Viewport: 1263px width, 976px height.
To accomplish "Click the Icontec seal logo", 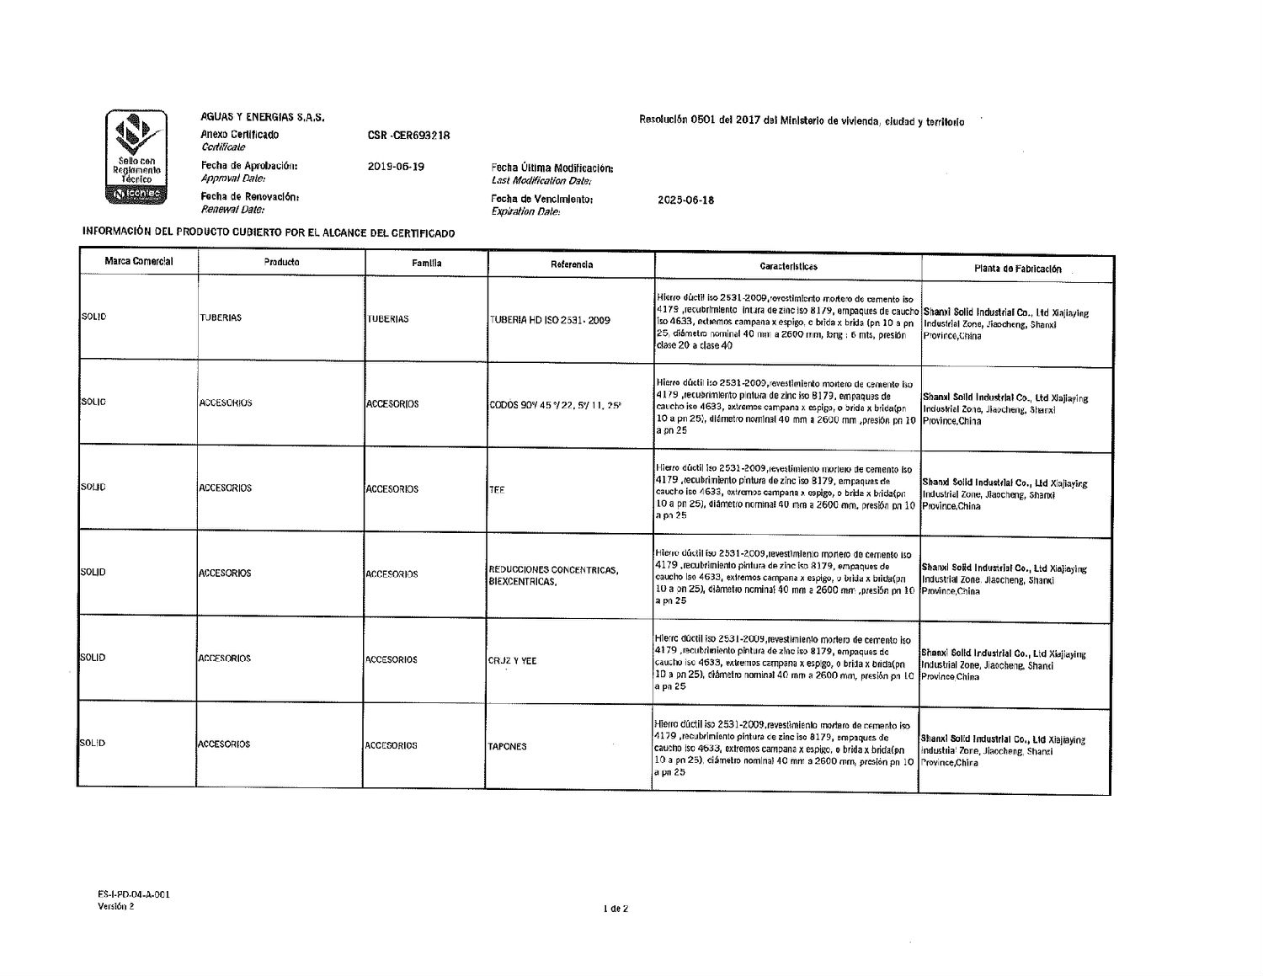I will tap(136, 157).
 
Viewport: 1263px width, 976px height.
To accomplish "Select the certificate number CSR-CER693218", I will tap(409, 135).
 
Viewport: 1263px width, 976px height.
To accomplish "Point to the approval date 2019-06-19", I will tap(396, 167).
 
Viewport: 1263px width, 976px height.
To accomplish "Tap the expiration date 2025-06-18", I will tap(685, 200).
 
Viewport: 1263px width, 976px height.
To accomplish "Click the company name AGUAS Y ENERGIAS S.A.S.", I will tap(262, 117).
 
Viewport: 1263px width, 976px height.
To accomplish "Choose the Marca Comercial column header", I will tap(139, 262).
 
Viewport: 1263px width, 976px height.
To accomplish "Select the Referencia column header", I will tap(572, 264).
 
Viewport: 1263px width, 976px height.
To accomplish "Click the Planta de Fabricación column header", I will tap(1017, 269).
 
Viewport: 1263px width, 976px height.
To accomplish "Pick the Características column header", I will tap(788, 266).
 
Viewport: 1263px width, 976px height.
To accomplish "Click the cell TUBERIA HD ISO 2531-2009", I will tap(550, 320).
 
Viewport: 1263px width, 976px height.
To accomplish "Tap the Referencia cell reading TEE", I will tap(497, 490).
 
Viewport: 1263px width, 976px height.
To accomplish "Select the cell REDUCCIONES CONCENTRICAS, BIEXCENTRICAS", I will tap(553, 576).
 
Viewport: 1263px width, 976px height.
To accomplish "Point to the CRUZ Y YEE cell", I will tap(512, 661).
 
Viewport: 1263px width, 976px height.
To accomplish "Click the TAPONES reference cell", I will tap(507, 746).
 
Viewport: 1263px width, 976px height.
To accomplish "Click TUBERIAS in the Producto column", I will tap(221, 317).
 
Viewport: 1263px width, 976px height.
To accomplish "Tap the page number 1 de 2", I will tap(616, 909).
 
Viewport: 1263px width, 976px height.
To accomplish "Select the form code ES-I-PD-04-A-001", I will tap(133, 894).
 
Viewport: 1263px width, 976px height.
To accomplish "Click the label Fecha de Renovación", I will tap(250, 197).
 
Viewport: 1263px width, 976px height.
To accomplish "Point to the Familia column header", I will tap(427, 264).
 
